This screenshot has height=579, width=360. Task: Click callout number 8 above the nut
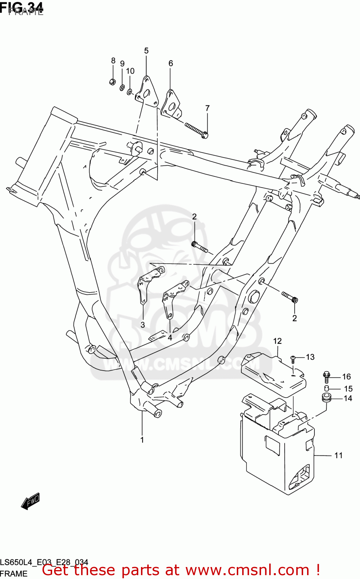pos(113,61)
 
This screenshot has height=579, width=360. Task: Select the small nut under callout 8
pos(112,81)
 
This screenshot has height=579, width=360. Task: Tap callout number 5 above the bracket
pos(146,51)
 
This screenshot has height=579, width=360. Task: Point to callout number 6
pos(170,63)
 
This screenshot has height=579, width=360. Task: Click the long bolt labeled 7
pos(196,130)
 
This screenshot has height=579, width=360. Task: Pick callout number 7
pos(207,108)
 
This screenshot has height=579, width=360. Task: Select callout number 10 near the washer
pos(130,71)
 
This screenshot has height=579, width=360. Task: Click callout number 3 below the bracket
pos(143,325)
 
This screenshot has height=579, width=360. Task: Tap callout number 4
pos(170,337)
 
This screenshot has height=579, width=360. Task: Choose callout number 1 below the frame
pos(142,440)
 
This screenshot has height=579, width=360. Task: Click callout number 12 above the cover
pos(277,341)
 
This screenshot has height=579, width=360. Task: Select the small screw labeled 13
pos(293,360)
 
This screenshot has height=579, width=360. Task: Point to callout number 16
pos(346,377)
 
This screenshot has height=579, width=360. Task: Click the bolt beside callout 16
pos(326,377)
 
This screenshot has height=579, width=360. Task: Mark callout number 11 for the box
pos(338,455)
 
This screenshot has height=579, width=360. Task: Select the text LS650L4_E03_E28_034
pos(44,562)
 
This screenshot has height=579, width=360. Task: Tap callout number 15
pos(348,389)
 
